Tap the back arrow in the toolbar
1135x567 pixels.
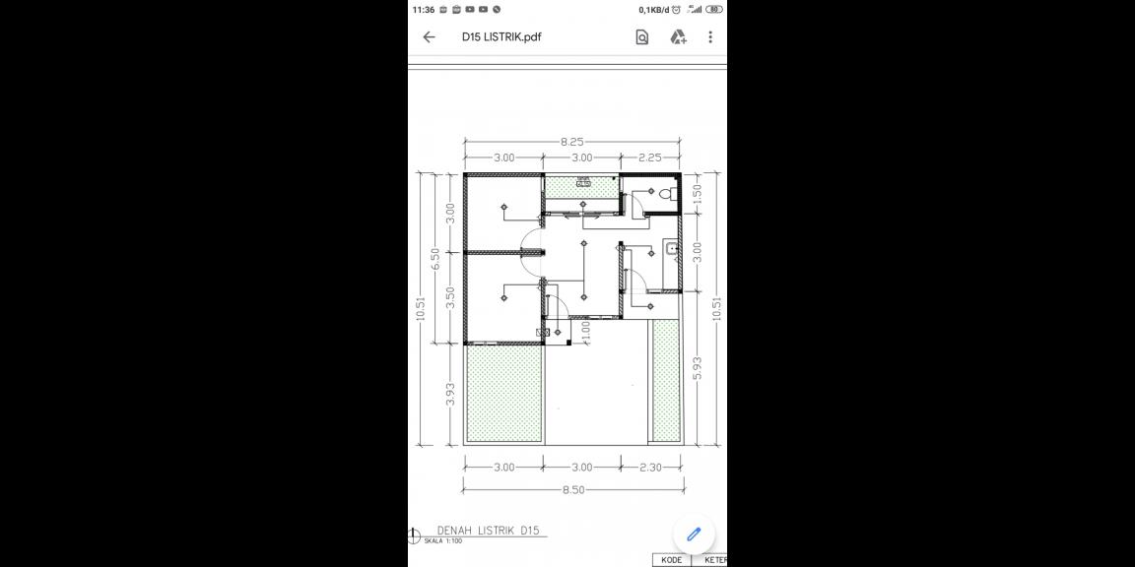[429, 37]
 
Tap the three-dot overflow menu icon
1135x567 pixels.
[710, 37]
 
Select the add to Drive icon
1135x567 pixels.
[678, 37]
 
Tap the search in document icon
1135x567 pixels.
[642, 37]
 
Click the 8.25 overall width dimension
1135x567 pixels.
[572, 142]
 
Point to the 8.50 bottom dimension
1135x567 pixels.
[573, 489]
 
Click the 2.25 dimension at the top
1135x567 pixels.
[650, 157]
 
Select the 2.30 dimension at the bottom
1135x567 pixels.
[651, 468]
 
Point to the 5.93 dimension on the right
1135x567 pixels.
[698, 369]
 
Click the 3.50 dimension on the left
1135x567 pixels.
[450, 298]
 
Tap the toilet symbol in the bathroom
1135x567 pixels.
[669, 194]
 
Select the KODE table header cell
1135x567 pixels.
[672, 560]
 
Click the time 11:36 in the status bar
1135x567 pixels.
[424, 9]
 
